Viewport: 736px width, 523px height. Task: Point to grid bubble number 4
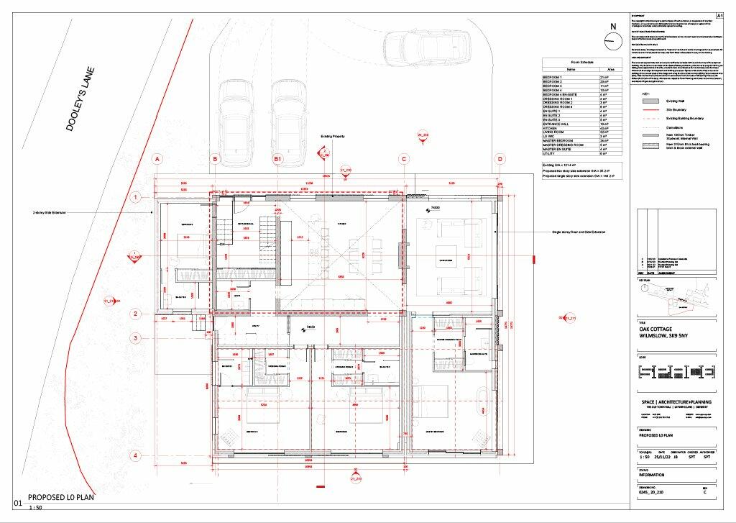134,455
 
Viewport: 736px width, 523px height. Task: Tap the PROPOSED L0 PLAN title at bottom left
60,498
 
